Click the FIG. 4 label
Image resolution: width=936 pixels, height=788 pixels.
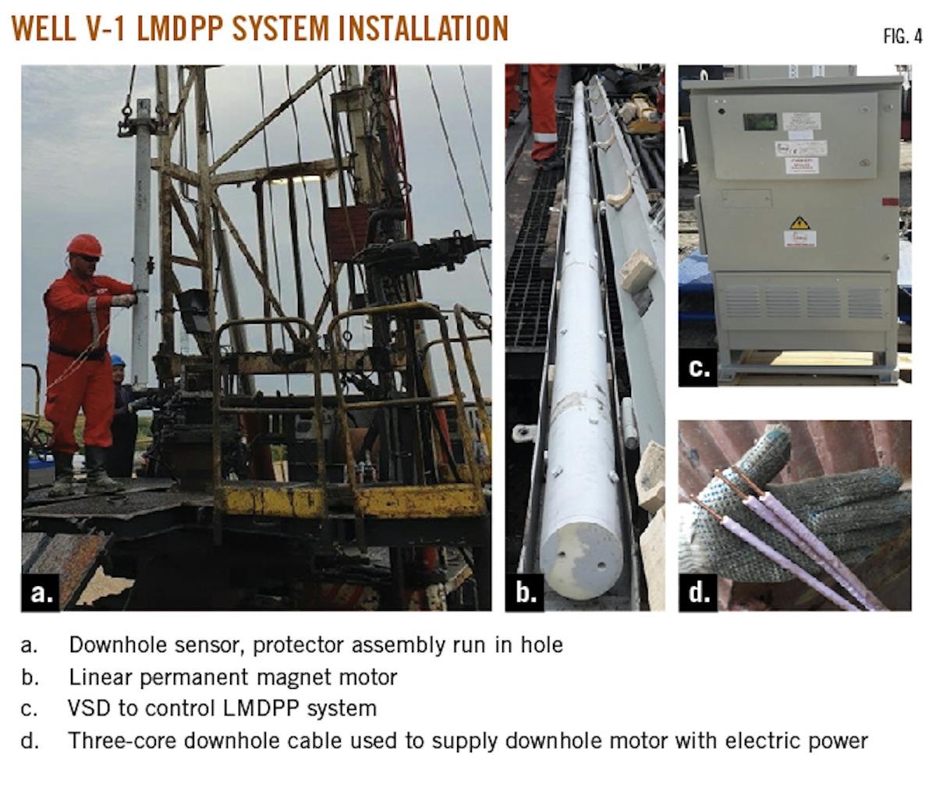pos(902,36)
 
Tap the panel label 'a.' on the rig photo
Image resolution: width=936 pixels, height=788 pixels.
pos(41,593)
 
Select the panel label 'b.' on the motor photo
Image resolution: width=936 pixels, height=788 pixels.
pos(526,593)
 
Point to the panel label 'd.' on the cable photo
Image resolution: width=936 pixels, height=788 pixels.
pos(699,593)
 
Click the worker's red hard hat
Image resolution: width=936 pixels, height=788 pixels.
pos(83,245)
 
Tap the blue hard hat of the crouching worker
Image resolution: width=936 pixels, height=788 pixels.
pos(118,360)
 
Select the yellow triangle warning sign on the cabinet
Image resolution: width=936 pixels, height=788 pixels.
pos(799,222)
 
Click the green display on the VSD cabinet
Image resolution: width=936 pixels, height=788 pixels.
pos(759,122)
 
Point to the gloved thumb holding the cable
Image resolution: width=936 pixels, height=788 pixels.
pos(772,448)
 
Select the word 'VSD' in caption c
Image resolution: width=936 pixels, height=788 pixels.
pos(89,708)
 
